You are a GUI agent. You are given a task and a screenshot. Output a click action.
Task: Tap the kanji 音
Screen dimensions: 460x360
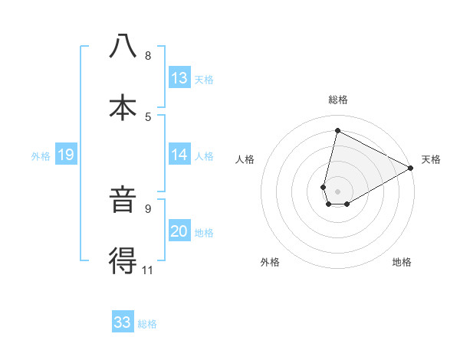(123, 201)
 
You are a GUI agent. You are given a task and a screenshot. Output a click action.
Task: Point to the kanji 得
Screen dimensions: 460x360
(123, 260)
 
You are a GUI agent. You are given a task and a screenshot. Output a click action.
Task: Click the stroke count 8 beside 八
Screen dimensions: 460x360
(148, 56)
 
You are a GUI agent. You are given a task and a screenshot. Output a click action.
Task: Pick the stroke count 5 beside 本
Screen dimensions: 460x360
(148, 116)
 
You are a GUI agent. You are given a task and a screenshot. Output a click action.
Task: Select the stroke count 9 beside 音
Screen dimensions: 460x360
(148, 208)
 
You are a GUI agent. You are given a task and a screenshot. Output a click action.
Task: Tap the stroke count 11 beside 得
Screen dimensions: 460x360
(148, 269)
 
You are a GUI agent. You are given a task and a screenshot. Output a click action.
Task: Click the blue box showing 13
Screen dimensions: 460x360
(179, 78)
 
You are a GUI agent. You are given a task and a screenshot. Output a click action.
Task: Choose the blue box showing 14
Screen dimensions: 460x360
(179, 155)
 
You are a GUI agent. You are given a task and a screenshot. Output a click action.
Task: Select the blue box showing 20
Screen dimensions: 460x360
(179, 232)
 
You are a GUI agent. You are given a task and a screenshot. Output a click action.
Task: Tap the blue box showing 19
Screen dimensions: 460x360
(66, 155)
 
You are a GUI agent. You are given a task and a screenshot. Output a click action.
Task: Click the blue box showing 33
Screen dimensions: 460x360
(123, 322)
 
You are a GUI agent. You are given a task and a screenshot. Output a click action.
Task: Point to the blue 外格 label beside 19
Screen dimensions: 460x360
(41, 156)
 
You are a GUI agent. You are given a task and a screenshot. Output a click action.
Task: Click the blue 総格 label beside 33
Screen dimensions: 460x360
(147, 324)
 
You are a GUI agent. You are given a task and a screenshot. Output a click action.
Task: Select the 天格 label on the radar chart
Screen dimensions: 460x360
(431, 159)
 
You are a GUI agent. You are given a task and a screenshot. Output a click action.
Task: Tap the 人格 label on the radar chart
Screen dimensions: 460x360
(245, 159)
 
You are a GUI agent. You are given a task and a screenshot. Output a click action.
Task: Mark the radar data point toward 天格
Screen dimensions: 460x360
(411, 168)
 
